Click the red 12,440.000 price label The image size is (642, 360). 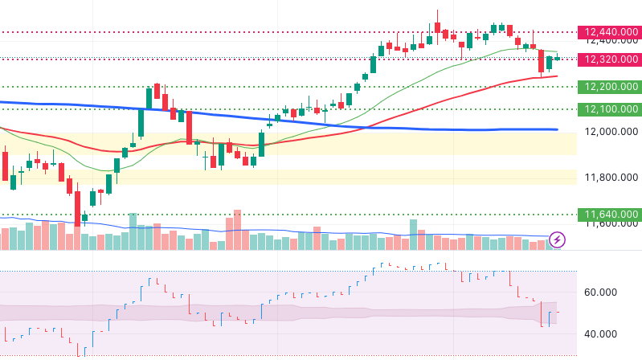[x=611, y=32]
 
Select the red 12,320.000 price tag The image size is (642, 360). [x=611, y=59]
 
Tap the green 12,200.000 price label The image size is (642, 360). [x=611, y=87]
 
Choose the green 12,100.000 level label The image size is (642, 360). [x=611, y=109]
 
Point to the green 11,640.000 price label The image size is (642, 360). [x=611, y=215]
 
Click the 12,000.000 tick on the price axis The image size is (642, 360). [x=611, y=132]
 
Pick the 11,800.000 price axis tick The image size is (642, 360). [x=611, y=178]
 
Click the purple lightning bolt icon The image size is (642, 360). [x=558, y=239]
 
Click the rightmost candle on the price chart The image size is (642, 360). [x=557, y=59]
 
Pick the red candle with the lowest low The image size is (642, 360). [x=77, y=205]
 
